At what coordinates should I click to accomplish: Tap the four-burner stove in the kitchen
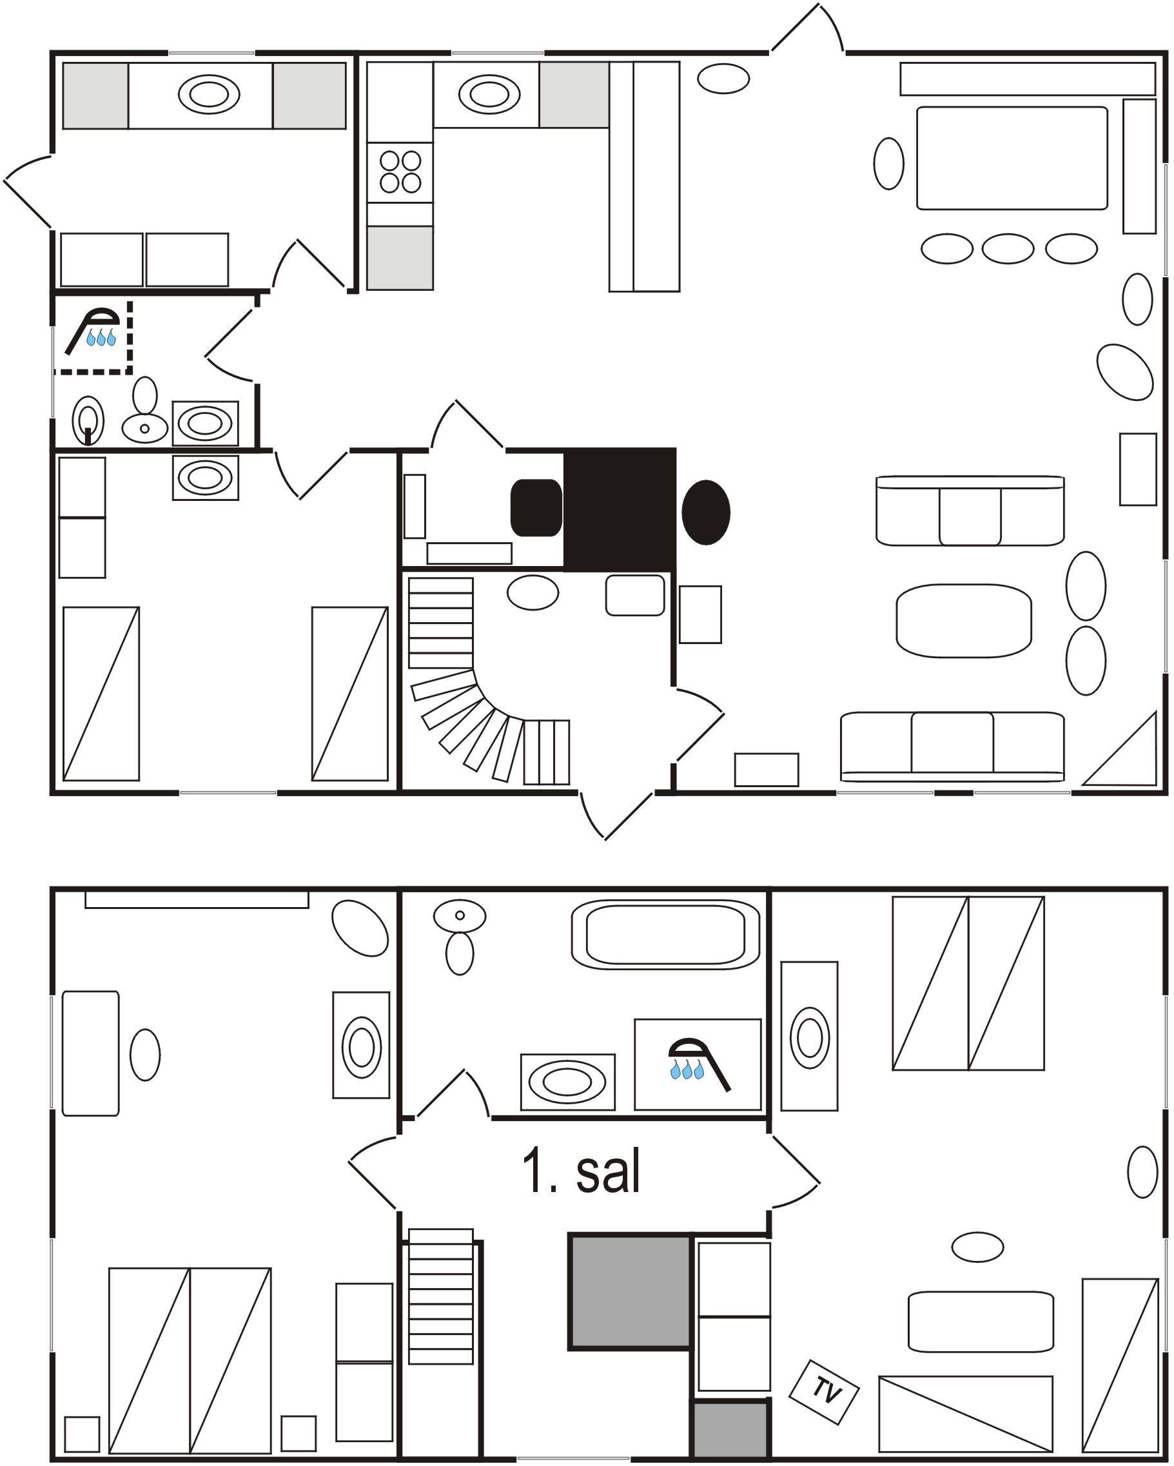click(x=400, y=171)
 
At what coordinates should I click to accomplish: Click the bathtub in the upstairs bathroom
click(x=666, y=934)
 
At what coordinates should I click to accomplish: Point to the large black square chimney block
click(x=620, y=509)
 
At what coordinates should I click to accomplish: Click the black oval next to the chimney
click(x=705, y=512)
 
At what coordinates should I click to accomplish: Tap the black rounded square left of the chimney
click(x=536, y=508)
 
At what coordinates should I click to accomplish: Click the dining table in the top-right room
click(x=1012, y=158)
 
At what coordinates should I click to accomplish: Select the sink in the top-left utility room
click(x=209, y=94)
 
